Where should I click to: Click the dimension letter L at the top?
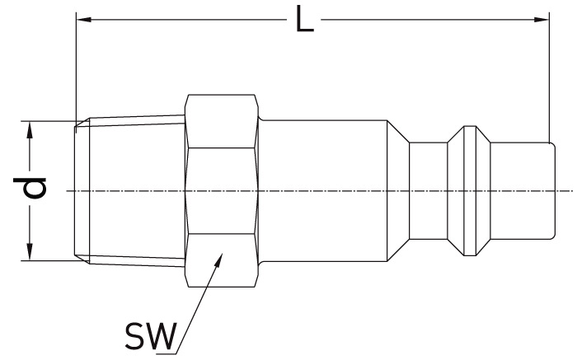coord(305,19)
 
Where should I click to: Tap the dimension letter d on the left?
coord(30,188)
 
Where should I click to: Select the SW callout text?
coord(151,336)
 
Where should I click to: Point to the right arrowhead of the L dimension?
coord(542,20)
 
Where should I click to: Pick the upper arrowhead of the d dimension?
coord(30,129)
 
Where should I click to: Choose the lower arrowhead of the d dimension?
coord(30,252)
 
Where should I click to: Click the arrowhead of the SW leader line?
coord(219,260)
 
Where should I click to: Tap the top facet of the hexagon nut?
coord(222,121)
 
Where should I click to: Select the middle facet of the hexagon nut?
coord(222,191)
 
